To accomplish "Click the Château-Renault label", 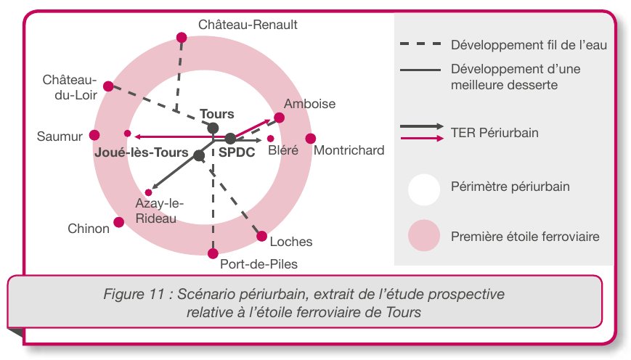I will [x=248, y=25].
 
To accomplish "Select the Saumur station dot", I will [x=94, y=135].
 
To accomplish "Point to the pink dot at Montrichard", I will [x=311, y=138].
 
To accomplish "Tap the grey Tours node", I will [x=213, y=128].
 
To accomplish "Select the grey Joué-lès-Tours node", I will [x=198, y=154].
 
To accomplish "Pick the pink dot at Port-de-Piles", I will [x=213, y=253].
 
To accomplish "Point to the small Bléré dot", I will [x=271, y=138].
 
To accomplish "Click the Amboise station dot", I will [x=280, y=117].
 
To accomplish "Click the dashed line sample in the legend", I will [x=420, y=44].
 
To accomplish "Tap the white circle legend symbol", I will [x=423, y=187].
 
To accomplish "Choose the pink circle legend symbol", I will [x=423, y=237].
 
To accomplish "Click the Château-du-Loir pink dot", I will [x=108, y=85].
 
